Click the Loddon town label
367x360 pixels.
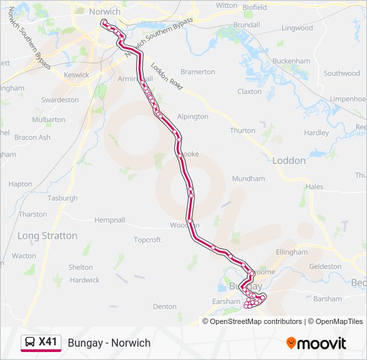[x=289, y=161]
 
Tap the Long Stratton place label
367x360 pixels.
[x=47, y=236]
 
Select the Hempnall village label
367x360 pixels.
[x=109, y=220]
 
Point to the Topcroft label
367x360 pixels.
[x=147, y=240]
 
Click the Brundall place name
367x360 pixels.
[x=247, y=25]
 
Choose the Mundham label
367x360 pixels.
[x=248, y=179]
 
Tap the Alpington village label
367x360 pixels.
[x=193, y=117]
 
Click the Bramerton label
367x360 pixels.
[x=198, y=72]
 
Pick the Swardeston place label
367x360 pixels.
[x=60, y=100]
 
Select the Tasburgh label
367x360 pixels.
[x=63, y=199]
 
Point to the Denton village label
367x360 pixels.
[x=165, y=307]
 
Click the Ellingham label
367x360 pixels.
[x=292, y=253]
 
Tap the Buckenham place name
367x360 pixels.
[x=292, y=61]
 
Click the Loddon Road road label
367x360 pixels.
[x=166, y=77]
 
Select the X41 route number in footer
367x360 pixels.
[x=48, y=343]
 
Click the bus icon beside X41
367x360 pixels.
[x=30, y=343]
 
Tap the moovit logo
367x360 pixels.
[x=316, y=343]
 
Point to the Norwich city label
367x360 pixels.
[x=105, y=12]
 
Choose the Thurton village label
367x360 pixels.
[x=242, y=131]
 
